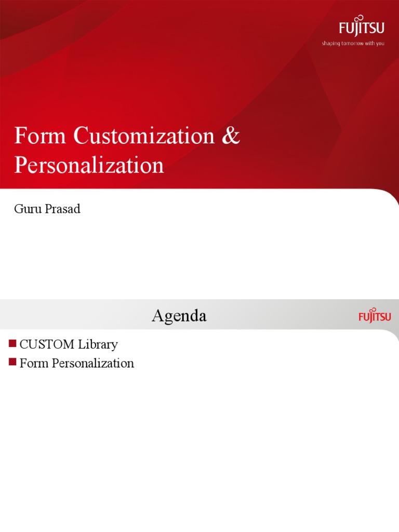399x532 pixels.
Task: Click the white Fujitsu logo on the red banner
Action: [362, 28]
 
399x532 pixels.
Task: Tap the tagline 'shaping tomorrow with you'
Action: [353, 44]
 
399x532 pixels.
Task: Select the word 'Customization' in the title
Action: [144, 136]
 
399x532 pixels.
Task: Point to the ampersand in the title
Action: [231, 136]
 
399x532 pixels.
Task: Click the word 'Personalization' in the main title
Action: [89, 165]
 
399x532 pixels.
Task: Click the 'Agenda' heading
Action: [179, 316]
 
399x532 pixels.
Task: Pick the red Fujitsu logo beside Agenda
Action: [375, 316]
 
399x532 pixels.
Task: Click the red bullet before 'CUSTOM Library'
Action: [12, 343]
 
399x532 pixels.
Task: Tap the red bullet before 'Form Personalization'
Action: [12, 362]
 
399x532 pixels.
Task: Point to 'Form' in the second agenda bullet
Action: [32, 363]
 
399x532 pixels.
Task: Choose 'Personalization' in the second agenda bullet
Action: [90, 363]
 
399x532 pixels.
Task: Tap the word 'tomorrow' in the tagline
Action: [352, 44]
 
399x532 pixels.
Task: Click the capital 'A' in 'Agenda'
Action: [158, 316]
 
